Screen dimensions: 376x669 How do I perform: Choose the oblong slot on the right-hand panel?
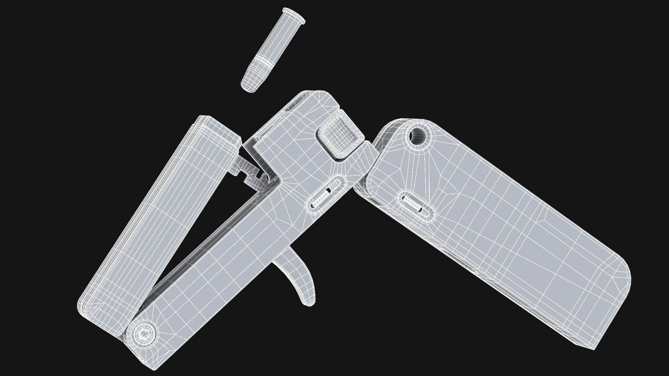(416, 205)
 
